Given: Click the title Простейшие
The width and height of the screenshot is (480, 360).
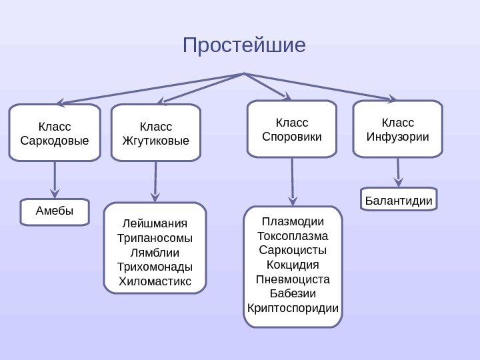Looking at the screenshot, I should [x=244, y=46].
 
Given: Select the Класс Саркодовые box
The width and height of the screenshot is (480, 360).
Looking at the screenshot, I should [x=55, y=133].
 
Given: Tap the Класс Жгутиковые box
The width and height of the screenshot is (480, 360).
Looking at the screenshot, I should [x=156, y=133].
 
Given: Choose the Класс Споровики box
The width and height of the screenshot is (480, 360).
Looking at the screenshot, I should [x=292, y=129].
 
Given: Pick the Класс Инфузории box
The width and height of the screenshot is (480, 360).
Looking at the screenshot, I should [x=397, y=129].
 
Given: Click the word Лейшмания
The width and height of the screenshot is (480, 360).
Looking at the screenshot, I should [x=155, y=223].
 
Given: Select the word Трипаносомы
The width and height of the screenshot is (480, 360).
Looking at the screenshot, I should [x=155, y=238].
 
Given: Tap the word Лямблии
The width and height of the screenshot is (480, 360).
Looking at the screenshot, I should [x=155, y=253].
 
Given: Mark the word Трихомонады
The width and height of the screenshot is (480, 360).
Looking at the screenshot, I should [x=155, y=267].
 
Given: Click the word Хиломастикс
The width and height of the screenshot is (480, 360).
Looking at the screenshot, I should [x=155, y=281].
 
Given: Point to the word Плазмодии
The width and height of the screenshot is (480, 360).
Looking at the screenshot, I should [x=293, y=221].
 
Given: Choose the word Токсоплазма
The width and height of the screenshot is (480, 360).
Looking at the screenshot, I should [x=293, y=236].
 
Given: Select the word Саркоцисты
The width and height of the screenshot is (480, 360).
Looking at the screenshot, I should [x=293, y=250].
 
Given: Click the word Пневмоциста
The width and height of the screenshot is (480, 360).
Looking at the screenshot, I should [x=293, y=279].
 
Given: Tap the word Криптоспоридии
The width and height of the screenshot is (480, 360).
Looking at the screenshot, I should [x=293, y=308].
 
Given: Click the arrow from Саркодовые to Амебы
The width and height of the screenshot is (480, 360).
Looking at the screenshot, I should [x=55, y=179].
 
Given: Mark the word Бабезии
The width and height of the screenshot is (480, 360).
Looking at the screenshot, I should [x=293, y=293].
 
